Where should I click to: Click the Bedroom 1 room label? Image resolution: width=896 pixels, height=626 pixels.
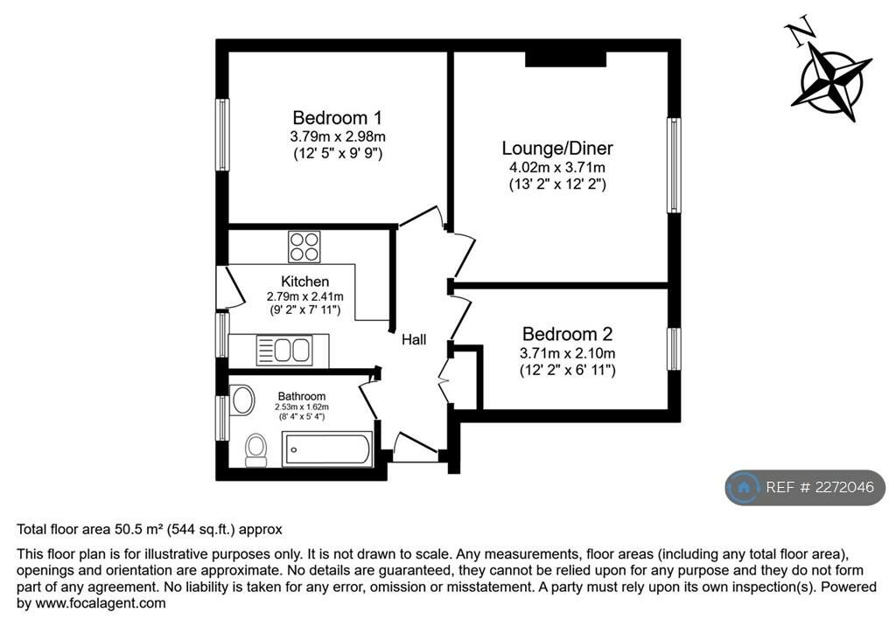point(337,118)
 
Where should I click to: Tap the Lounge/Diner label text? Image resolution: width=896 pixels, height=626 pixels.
point(557,149)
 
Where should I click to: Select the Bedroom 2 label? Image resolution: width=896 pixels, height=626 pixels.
point(567,334)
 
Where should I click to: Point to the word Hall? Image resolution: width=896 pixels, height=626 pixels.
point(414,340)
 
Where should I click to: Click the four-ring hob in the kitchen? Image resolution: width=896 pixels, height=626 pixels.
point(304,247)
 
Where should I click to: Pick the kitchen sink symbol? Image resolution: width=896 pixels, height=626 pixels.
point(284,350)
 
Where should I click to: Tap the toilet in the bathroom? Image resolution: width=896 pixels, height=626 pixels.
point(256,450)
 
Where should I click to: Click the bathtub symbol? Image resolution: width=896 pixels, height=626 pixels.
point(327,449)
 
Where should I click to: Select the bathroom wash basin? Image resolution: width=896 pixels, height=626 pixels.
point(242,400)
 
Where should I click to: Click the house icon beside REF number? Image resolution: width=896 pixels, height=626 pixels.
point(744,487)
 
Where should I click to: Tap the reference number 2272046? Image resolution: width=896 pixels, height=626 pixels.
point(844,487)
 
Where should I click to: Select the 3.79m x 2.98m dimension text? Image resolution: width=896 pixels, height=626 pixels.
point(338,136)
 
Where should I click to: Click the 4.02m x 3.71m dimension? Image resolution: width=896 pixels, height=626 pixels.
point(557,167)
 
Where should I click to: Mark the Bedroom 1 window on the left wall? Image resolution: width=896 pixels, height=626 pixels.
point(221,135)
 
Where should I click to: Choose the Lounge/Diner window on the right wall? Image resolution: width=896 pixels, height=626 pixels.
point(675,165)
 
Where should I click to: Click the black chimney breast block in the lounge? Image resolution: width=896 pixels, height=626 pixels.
point(565,59)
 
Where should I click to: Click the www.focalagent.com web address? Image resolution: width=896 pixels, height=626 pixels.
point(101,602)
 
